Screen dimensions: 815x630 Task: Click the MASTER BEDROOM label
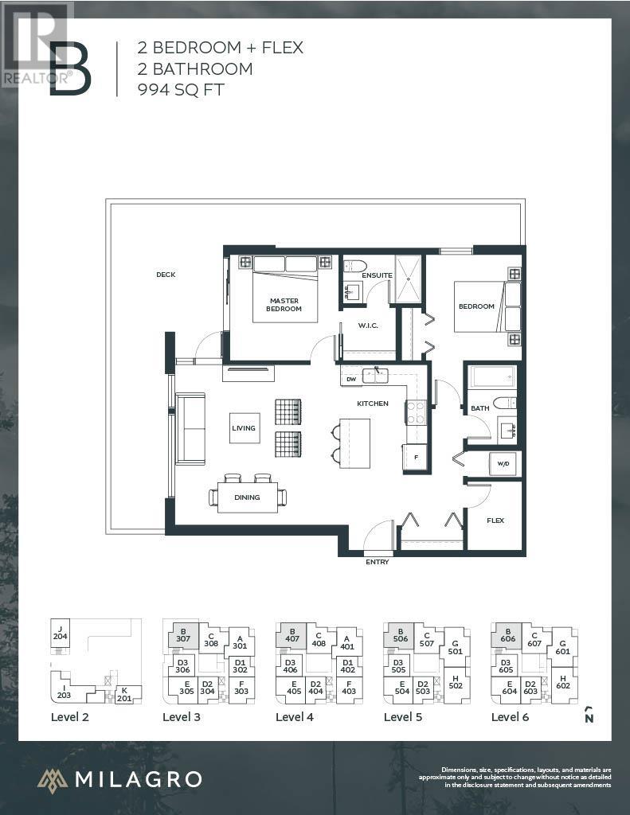pyautogui.click(x=284, y=304)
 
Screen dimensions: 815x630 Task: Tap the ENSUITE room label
pyautogui.click(x=377, y=275)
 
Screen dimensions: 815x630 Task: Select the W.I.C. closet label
pyautogui.click(x=368, y=324)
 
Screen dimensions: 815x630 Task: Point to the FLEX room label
pyautogui.click(x=495, y=521)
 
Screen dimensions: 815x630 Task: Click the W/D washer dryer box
pyautogui.click(x=503, y=464)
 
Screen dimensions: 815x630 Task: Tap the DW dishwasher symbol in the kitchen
pyautogui.click(x=351, y=380)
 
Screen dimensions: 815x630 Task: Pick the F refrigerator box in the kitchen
pyautogui.click(x=415, y=458)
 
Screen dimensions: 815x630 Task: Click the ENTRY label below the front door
pyautogui.click(x=378, y=562)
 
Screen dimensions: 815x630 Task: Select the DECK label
pyautogui.click(x=166, y=275)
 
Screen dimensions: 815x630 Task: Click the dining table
pyautogui.click(x=247, y=497)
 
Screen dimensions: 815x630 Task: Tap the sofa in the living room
pyautogui.click(x=190, y=428)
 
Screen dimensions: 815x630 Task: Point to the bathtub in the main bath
pyautogui.click(x=491, y=376)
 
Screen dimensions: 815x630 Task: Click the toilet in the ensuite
pyautogui.click(x=354, y=266)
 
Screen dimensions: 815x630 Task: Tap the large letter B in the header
pyautogui.click(x=70, y=70)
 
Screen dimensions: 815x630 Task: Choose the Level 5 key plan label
pyautogui.click(x=404, y=716)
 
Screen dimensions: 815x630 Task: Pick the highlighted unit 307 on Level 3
pyautogui.click(x=182, y=634)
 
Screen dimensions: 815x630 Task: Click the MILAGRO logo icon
pyautogui.click(x=53, y=780)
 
